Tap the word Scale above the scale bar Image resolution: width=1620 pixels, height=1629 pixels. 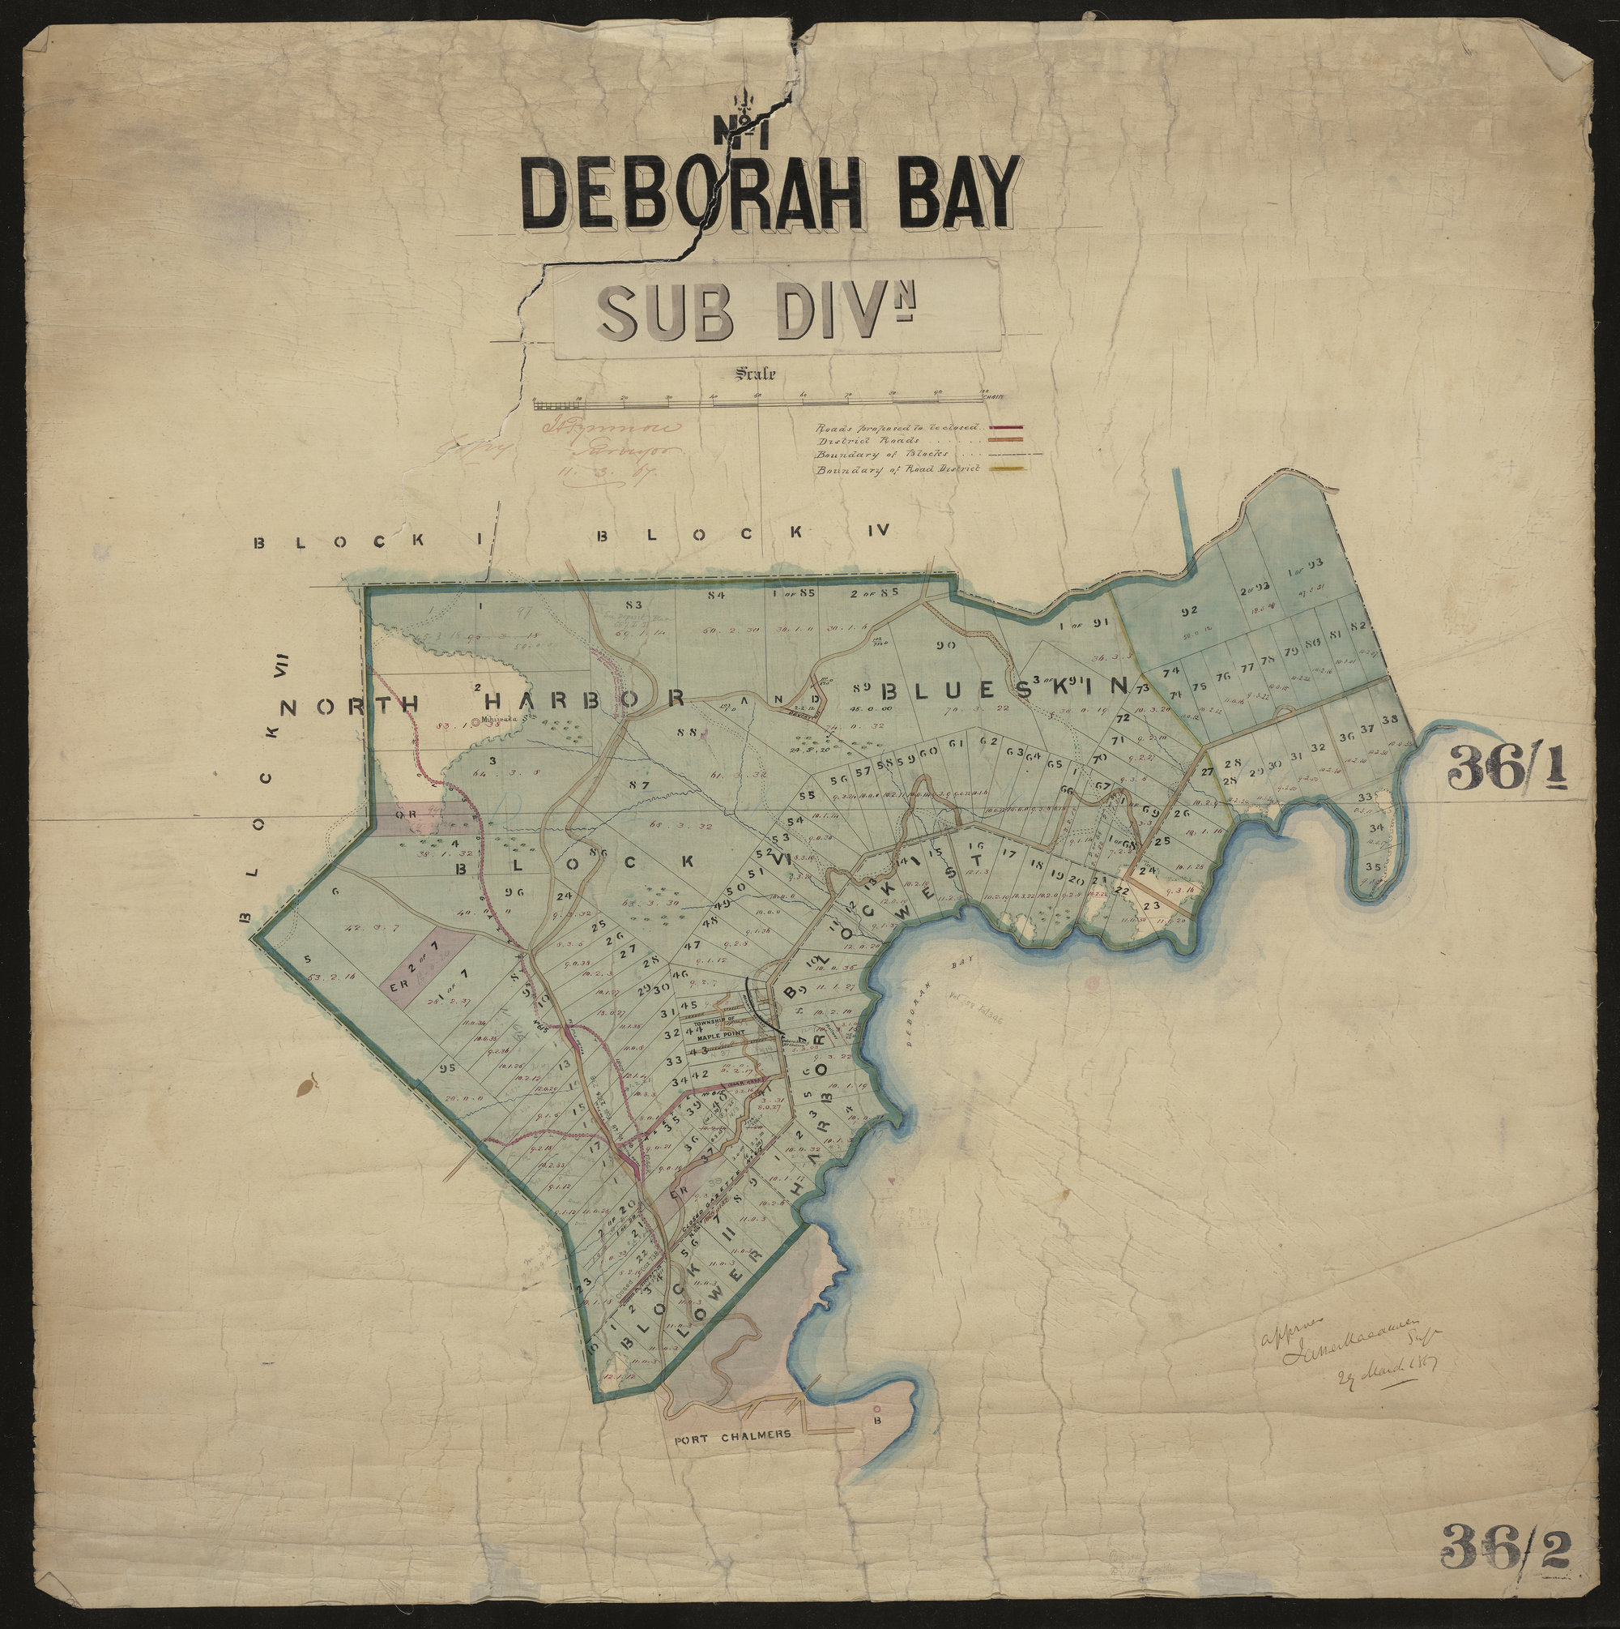click(756, 373)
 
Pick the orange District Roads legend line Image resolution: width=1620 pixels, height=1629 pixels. click(1011, 440)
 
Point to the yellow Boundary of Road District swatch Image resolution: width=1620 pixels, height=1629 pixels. click(1011, 468)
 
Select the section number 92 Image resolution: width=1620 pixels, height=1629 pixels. click(1189, 611)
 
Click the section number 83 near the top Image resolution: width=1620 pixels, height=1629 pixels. click(635, 605)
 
